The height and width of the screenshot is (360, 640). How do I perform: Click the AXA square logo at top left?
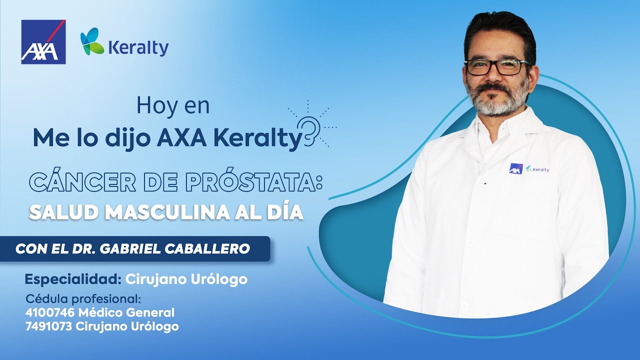pyautogui.click(x=43, y=42)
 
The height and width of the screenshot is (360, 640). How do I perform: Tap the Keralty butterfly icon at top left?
pyautogui.click(x=92, y=41)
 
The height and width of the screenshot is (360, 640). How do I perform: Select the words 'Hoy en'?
pyautogui.click(x=173, y=105)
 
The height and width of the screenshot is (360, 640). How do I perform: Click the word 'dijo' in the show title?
pyautogui.click(x=126, y=138)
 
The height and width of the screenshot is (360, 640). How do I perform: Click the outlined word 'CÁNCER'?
pyautogui.click(x=79, y=182)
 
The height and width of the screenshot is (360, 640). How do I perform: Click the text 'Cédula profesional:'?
pyautogui.click(x=83, y=299)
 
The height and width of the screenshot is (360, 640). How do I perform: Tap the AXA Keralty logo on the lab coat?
pyautogui.click(x=528, y=169)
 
